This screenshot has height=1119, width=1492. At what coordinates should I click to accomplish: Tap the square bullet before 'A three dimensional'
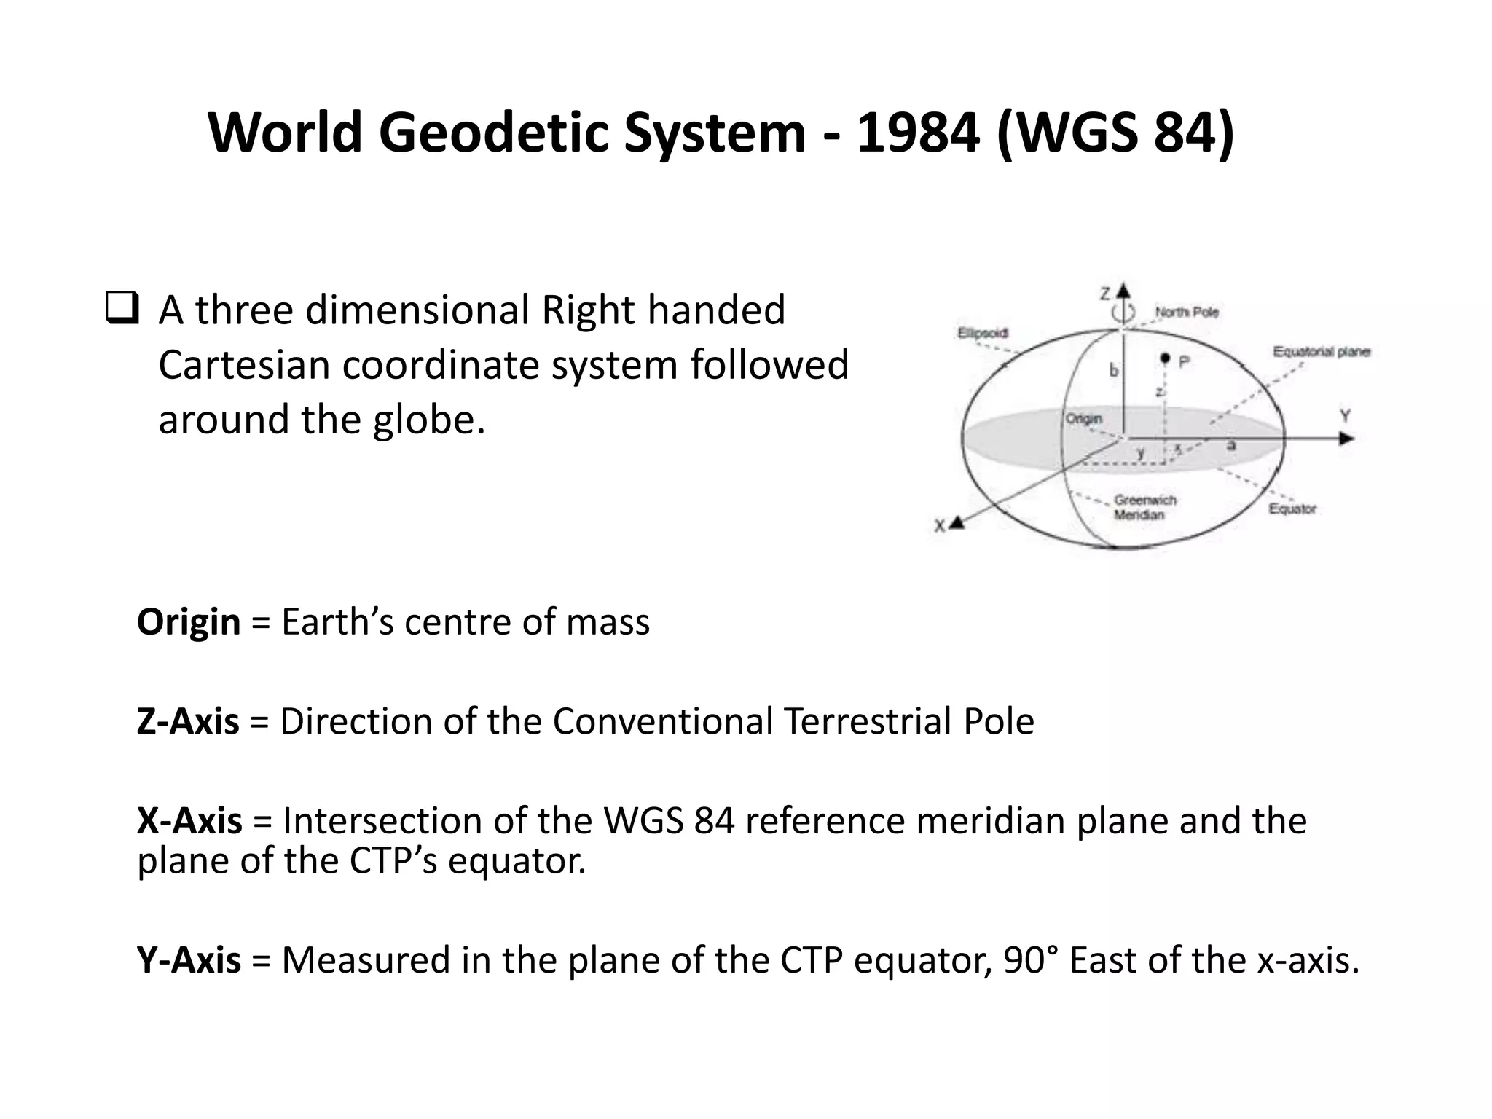[x=122, y=309]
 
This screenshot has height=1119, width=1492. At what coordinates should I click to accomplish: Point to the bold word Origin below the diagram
[x=188, y=622]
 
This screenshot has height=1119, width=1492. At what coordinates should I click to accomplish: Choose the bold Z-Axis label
[x=187, y=721]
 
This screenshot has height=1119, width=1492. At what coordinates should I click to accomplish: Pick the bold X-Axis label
[x=189, y=821]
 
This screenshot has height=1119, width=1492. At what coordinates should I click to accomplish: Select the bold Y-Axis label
[x=188, y=959]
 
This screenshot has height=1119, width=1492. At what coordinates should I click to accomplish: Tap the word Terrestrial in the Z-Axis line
[x=867, y=721]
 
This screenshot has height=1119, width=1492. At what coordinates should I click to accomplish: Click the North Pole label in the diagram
[x=1187, y=312]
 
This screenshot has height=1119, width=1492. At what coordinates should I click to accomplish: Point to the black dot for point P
[x=1165, y=358]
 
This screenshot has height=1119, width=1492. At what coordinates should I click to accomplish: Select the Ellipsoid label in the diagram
[x=982, y=334]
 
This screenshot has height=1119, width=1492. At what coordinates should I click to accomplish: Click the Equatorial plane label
[x=1322, y=352]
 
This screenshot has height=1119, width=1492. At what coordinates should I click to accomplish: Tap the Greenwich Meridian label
[x=1144, y=508]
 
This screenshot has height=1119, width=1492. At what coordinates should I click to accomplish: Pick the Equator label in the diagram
[x=1292, y=509]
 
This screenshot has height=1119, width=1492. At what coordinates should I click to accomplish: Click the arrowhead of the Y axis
[x=1347, y=439]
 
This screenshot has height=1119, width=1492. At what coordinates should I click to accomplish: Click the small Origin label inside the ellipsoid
[x=1084, y=419]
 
